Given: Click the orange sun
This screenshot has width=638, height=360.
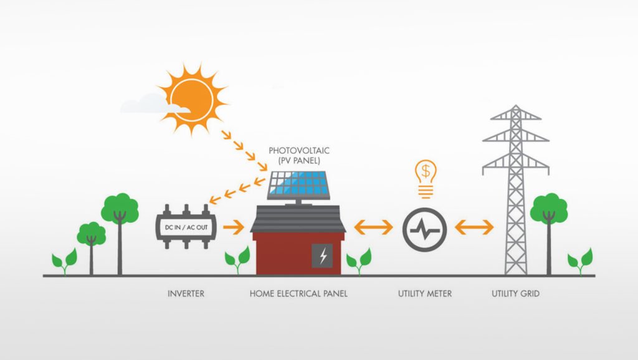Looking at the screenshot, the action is click(x=192, y=99).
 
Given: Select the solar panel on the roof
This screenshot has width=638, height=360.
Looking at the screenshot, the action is click(x=298, y=185).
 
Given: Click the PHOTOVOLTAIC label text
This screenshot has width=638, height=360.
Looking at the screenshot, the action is click(x=299, y=151).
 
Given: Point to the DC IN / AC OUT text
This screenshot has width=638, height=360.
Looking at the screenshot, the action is click(x=186, y=227).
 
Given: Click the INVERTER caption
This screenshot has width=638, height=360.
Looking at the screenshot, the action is click(x=186, y=293).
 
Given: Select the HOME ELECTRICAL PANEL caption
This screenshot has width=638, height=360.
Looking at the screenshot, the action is click(x=298, y=293).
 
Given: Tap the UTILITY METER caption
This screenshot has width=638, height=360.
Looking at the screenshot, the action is click(x=425, y=293).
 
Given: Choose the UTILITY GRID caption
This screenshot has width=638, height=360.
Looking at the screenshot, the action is click(x=515, y=293).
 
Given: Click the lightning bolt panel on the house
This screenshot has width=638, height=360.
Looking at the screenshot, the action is click(x=322, y=256).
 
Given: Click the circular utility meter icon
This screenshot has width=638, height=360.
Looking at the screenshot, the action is click(x=425, y=230).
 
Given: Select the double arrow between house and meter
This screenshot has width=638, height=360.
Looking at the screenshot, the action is click(x=374, y=227).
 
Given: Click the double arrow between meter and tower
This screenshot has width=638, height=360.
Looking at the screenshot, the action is click(x=474, y=227).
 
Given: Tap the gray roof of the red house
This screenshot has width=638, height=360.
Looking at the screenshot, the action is click(x=298, y=219).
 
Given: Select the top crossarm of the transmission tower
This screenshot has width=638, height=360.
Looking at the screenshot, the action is click(x=515, y=116).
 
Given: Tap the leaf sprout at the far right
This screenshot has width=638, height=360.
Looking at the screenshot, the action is click(x=581, y=261).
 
